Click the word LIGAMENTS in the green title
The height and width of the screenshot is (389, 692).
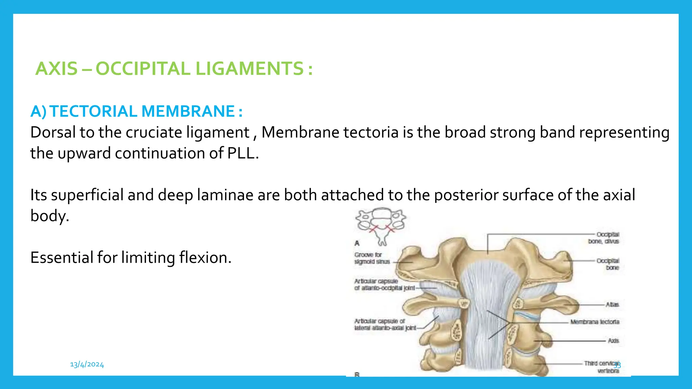click(x=250, y=69)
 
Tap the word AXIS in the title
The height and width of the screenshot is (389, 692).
click(x=56, y=69)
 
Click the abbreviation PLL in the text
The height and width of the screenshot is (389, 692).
click(x=241, y=153)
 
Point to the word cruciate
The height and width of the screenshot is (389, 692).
click(x=154, y=132)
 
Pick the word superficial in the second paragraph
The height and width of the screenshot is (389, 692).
click(x=87, y=195)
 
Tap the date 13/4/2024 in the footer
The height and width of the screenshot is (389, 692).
click(x=87, y=364)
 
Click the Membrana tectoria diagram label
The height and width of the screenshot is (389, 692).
click(x=595, y=322)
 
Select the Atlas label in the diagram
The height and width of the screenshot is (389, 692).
click(x=612, y=305)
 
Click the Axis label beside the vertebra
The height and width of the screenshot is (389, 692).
click(x=613, y=341)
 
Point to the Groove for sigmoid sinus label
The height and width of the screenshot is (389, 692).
click(x=372, y=258)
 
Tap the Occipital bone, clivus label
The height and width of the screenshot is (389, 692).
click(x=603, y=238)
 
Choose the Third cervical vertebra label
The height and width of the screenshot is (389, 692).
click(x=601, y=367)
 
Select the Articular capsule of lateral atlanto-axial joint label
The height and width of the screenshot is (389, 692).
click(x=385, y=325)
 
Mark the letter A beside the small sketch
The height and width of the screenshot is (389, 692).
click(x=357, y=243)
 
